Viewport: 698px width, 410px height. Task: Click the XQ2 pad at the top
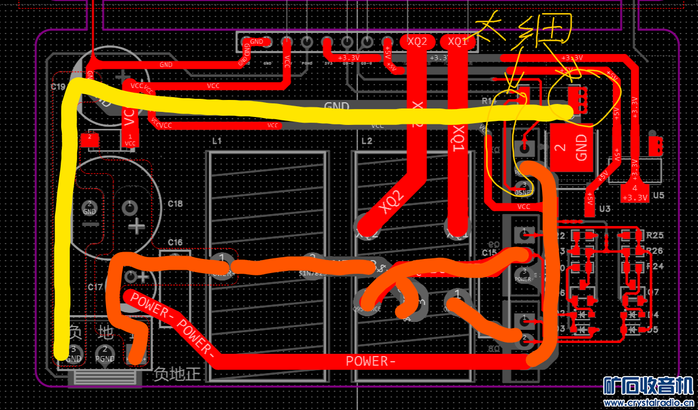[417, 41]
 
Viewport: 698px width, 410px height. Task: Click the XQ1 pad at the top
[458, 41]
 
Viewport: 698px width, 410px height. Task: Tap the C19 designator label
[58, 87]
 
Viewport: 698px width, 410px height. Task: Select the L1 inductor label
[216, 141]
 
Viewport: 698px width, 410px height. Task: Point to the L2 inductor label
[367, 141]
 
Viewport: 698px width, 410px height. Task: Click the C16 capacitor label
[175, 242]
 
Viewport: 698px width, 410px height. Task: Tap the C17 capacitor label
[95, 287]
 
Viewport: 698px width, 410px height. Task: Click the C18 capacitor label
[175, 204]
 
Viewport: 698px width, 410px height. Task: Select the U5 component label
[658, 195]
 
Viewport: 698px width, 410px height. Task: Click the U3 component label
[604, 209]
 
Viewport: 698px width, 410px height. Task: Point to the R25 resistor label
[655, 235]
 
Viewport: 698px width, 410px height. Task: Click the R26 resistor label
[655, 250]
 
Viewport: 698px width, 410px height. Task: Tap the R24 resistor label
[655, 266]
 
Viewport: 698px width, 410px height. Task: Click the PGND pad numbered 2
[104, 353]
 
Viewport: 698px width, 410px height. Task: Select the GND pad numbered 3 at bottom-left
[74, 353]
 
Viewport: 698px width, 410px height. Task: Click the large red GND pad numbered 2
[572, 148]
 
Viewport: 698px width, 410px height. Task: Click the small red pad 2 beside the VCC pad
[89, 138]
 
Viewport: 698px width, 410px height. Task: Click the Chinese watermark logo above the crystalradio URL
[647, 386]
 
